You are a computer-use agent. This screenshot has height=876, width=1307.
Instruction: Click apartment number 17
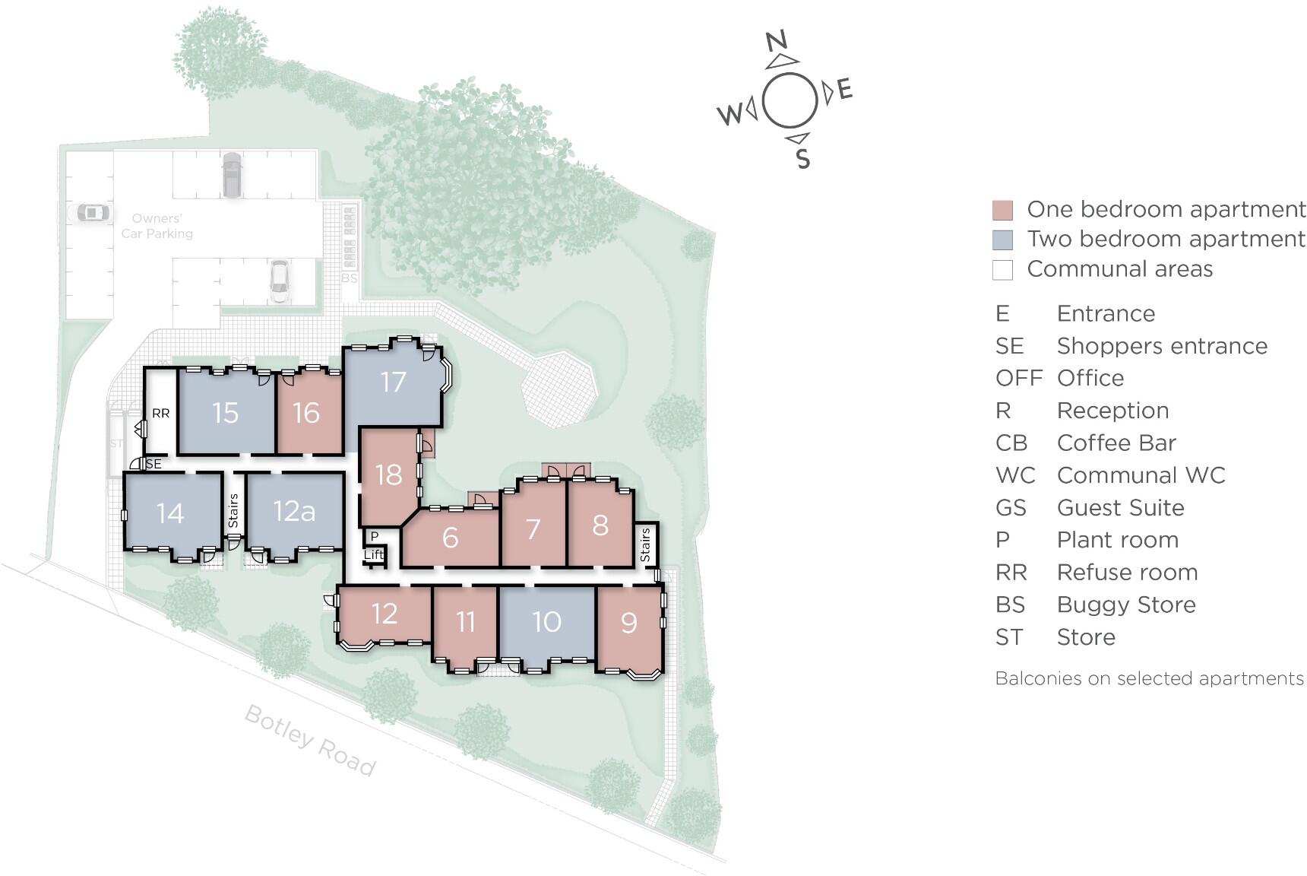pos(393,382)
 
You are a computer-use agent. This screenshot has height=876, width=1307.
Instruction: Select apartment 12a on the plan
pos(294,511)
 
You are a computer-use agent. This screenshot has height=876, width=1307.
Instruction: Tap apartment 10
pos(546,622)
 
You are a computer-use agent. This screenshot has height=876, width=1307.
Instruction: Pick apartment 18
pos(388,475)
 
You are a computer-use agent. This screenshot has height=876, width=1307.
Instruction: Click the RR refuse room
pos(160,414)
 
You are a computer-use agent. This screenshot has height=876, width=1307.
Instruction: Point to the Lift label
pos(373,554)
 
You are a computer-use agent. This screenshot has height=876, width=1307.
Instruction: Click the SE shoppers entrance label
pos(153,464)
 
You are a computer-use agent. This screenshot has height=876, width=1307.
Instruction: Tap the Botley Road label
pos(310,740)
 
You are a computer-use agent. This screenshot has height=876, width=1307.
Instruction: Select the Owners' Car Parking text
pos(157,227)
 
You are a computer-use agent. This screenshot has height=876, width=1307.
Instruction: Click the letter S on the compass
pos(803,159)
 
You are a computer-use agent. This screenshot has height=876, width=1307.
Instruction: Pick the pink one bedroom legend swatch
pos(1002,211)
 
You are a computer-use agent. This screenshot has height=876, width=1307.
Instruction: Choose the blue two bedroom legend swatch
pos(1002,240)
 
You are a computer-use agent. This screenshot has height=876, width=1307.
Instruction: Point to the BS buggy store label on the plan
pos(349,278)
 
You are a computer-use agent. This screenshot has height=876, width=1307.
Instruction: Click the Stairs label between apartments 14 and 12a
pos(233,510)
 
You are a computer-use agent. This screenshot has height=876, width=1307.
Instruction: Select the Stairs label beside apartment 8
pos(646,544)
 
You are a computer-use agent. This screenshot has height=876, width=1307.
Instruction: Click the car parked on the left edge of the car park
pos(92,213)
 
